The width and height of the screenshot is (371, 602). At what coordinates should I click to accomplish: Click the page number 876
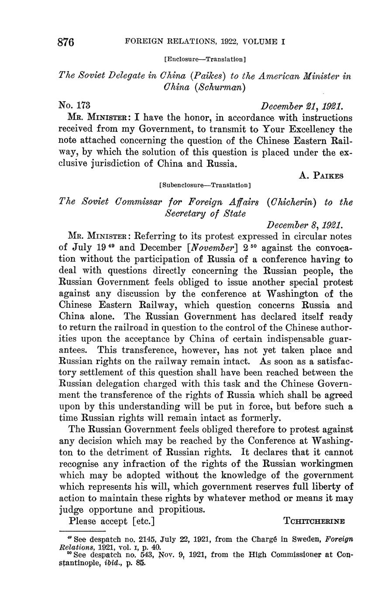[x=66, y=42]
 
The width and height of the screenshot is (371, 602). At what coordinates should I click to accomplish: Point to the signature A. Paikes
[x=322, y=175]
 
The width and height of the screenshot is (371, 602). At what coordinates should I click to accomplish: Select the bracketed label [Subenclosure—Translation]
[x=205, y=185]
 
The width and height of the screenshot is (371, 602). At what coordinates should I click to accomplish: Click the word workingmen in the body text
[x=326, y=464]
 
